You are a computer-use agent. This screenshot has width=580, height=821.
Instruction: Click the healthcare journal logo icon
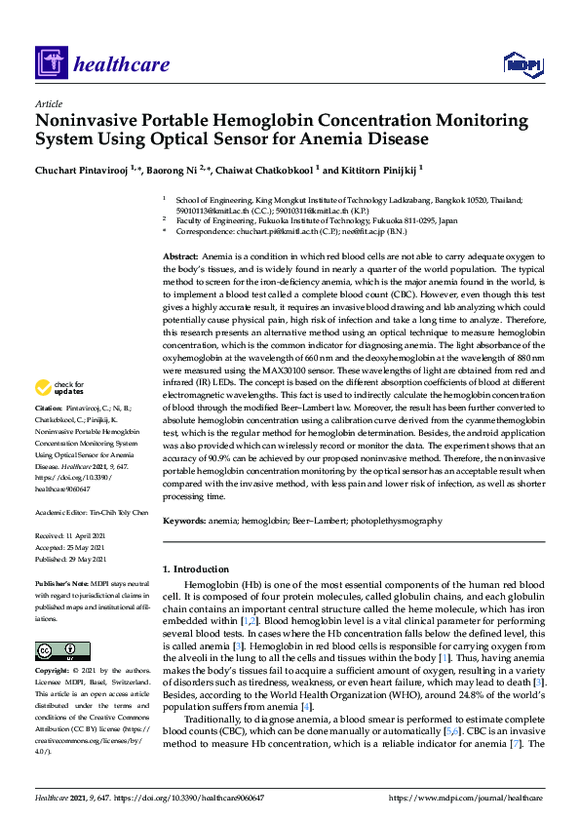[50, 64]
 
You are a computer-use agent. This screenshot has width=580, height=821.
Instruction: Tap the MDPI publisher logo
[522, 65]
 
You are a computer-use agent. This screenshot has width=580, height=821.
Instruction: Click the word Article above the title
[48, 103]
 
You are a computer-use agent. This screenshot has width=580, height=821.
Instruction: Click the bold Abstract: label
[180, 254]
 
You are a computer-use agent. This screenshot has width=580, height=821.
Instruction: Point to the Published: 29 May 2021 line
[74, 559]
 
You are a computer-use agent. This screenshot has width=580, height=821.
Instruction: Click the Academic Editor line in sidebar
[92, 511]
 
